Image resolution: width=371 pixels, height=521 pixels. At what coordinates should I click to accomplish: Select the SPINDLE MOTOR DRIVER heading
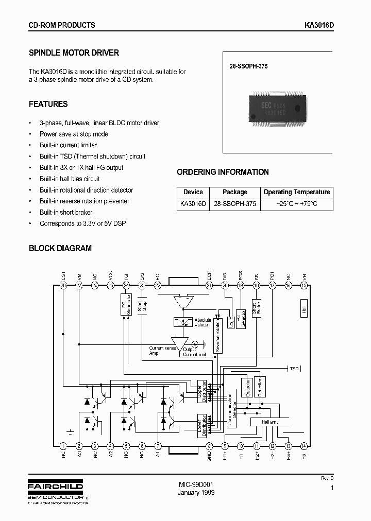[74, 53]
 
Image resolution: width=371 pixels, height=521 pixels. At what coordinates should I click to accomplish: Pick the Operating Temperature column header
[296, 192]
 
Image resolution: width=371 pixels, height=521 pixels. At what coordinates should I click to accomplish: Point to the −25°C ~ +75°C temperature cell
[296, 204]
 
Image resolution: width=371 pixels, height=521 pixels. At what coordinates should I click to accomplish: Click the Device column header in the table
[193, 192]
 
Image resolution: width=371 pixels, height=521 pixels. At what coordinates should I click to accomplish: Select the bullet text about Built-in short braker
[66, 213]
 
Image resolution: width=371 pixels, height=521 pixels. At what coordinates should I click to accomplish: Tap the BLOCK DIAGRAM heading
[60, 248]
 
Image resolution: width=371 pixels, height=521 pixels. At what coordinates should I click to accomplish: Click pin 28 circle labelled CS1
[63, 285]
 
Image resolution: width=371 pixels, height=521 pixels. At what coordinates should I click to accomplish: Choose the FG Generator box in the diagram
[126, 304]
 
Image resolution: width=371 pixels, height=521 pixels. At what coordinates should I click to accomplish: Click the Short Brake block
[257, 307]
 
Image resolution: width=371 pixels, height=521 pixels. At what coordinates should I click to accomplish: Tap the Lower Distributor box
[202, 426]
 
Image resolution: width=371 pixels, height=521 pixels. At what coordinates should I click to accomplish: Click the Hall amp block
[270, 422]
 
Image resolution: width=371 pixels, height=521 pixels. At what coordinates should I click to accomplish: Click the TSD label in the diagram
[294, 369]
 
